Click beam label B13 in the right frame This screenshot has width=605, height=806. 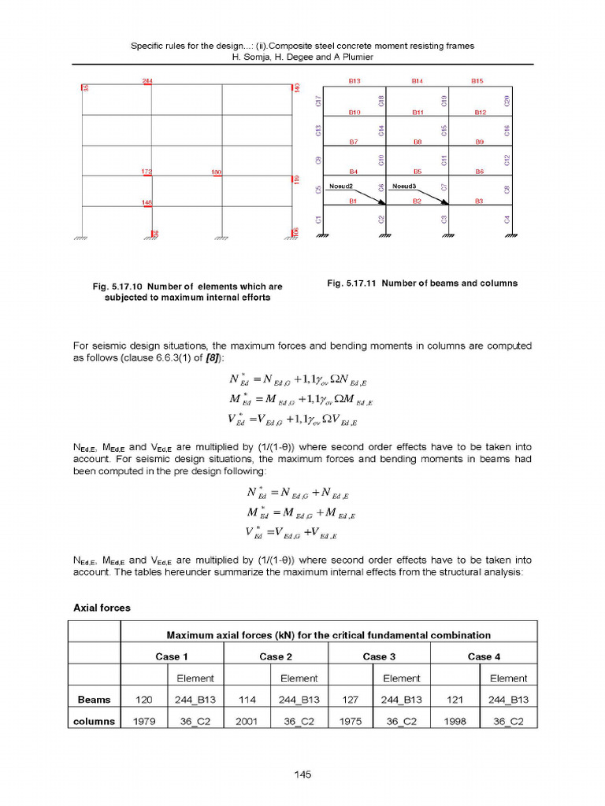[354, 81]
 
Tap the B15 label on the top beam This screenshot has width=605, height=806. [477, 81]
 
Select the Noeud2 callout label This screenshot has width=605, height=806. [340, 187]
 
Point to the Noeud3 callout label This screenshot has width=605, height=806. [404, 187]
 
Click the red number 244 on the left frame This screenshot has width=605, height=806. [147, 81]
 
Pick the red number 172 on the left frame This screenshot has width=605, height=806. [146, 172]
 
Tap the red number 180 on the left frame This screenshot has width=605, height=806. [217, 172]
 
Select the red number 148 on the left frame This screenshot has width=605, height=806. [147, 202]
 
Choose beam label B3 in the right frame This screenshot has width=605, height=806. [478, 201]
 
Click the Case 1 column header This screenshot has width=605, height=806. [171, 656]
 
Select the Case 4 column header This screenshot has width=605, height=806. [484, 656]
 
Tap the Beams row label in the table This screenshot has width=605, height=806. [94, 699]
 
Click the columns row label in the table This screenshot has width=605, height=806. [94, 721]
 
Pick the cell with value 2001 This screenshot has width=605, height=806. [247, 721]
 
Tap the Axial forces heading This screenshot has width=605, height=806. [102, 608]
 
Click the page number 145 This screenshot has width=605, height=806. [302, 775]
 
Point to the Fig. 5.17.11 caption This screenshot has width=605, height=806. [421, 283]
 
